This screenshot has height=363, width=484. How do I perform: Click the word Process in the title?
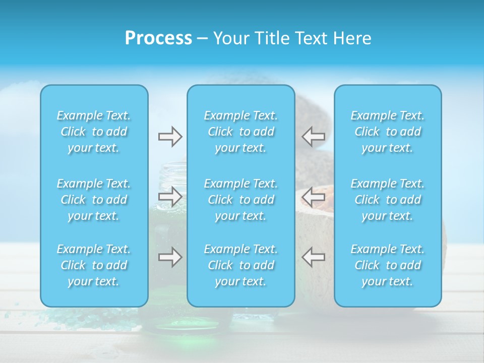[x=158, y=38]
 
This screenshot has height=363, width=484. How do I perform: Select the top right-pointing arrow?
[x=170, y=137]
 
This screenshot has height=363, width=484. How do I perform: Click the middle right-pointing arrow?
[x=170, y=196]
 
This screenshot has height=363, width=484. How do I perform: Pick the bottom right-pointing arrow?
[x=170, y=257]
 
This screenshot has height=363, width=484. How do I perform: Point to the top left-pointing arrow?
[x=314, y=136]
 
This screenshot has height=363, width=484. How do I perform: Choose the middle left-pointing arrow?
[x=314, y=196]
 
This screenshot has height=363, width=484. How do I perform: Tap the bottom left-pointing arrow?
[x=314, y=257]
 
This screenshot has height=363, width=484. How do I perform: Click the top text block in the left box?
[x=94, y=132]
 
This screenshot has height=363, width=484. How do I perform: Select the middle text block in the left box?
[x=94, y=200]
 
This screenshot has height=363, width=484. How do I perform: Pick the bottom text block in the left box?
[x=94, y=265]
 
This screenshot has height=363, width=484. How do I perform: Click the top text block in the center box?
[x=241, y=132]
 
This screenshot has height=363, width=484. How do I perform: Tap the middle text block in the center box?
[x=241, y=200]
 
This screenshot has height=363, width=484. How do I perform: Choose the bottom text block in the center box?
[x=241, y=265]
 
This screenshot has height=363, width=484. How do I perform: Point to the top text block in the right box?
[x=388, y=132]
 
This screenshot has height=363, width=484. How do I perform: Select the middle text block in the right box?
[x=388, y=200]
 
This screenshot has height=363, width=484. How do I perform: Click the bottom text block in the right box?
[x=388, y=265]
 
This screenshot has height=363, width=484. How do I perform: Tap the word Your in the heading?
[x=230, y=38]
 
